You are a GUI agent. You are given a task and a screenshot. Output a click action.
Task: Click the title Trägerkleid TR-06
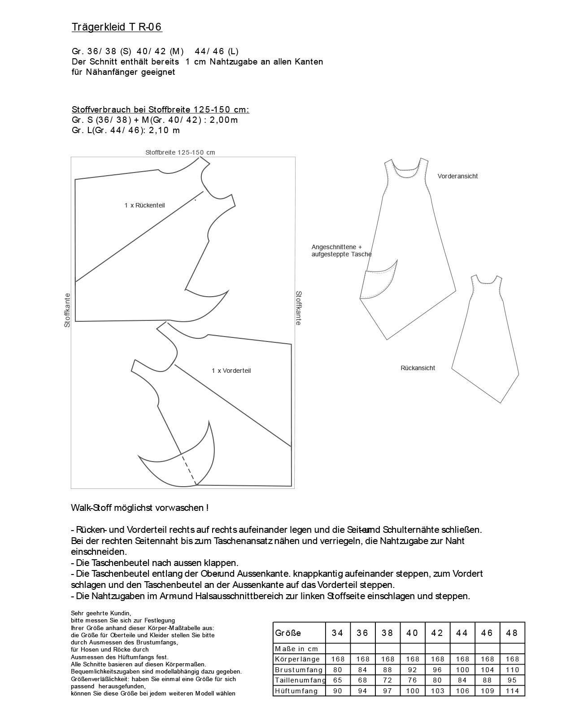pos(117,27)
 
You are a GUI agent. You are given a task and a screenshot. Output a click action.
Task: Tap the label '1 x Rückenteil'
pos(144,205)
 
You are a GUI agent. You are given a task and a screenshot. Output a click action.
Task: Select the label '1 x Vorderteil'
pos(231,371)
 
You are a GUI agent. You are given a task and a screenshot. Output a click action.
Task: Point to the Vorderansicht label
pos(457,176)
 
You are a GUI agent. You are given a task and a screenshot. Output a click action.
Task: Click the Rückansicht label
pos(418,368)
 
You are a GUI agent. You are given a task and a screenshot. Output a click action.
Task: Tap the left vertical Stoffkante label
pos(67,310)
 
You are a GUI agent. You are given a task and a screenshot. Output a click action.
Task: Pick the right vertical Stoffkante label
pos(298,308)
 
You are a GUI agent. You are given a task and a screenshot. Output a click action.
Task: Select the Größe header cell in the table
pos(288,633)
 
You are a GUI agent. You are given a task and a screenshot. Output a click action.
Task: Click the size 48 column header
pos(512,633)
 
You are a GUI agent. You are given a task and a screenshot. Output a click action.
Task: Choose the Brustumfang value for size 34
pos(338,670)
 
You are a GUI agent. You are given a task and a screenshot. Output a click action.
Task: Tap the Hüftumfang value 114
pos(512,691)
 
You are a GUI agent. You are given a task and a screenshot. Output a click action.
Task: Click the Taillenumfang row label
pos(300,680)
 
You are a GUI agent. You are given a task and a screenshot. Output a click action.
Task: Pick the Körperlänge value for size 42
pos(437,659)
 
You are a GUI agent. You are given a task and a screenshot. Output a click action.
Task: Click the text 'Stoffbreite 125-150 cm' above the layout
pos(180,152)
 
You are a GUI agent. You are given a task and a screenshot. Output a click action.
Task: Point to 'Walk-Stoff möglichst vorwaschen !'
pos(139,508)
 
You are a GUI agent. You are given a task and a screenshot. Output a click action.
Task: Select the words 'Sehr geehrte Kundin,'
pos(101,613)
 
